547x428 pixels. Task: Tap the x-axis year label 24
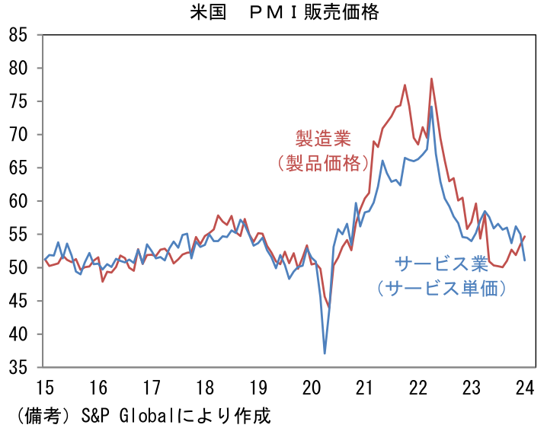click(x=524, y=387)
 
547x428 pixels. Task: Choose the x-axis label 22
click(x=417, y=387)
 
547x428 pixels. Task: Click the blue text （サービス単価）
click(x=441, y=289)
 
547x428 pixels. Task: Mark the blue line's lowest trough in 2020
click(x=325, y=353)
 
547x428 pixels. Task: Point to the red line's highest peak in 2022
click(x=431, y=78)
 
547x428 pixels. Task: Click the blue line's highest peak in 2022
click(x=431, y=107)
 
